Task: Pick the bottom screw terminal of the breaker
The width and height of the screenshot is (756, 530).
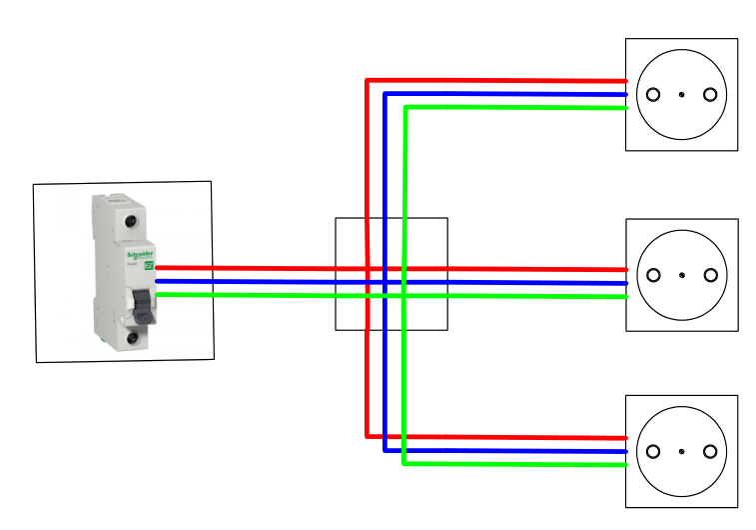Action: [x=132, y=338]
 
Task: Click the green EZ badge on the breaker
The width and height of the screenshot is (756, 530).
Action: [x=150, y=265]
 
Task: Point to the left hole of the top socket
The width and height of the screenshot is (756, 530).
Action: [x=653, y=95]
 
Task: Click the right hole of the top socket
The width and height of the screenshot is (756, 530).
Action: [x=710, y=95]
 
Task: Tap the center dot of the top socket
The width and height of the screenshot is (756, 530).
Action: [x=681, y=95]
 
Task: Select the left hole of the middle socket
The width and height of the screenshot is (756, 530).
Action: [x=653, y=275]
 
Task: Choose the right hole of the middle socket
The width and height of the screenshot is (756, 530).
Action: [x=710, y=275]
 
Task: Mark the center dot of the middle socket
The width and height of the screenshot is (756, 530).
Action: [x=681, y=275]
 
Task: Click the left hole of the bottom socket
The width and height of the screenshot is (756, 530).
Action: [x=653, y=451]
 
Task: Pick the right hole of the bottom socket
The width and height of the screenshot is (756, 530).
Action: [x=710, y=451]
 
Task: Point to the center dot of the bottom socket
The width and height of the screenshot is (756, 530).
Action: [x=681, y=451]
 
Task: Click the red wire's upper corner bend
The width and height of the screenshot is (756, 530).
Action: [x=368, y=80]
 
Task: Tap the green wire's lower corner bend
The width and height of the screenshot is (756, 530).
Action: [x=403, y=464]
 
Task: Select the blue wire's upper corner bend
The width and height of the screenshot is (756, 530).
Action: [x=385, y=94]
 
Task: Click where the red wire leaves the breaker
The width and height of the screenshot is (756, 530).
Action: [x=159, y=268]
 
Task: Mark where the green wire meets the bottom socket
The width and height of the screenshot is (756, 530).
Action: [x=625, y=464]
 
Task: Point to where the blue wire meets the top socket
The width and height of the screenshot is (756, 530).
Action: [x=625, y=94]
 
